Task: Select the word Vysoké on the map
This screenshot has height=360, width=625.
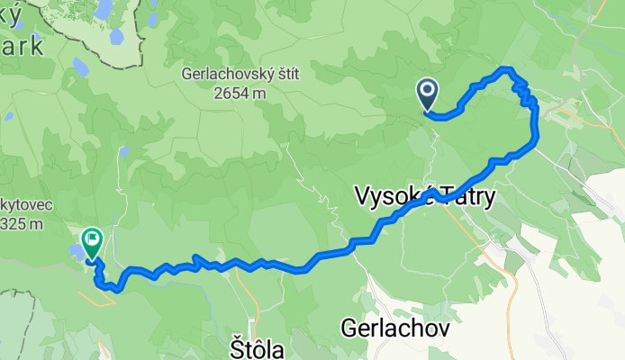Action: pos(394,195)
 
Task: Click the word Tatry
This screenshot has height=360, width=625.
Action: pos(466,195)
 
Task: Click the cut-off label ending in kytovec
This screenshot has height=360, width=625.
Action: pos(27,204)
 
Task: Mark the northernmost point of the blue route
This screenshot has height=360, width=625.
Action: pos(506,69)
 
